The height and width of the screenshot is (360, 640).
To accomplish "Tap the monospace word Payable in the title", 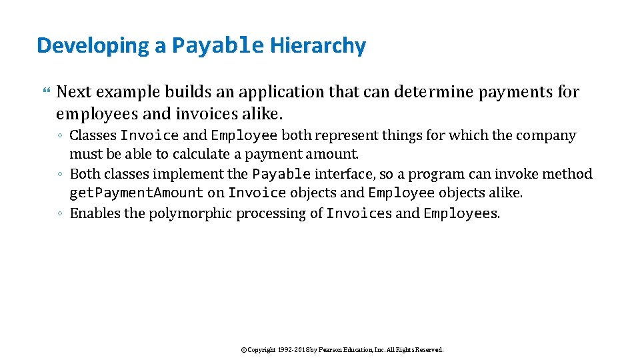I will pyautogui.click(x=218, y=46).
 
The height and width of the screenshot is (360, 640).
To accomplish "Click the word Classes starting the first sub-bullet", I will pyautogui.click(x=93, y=136).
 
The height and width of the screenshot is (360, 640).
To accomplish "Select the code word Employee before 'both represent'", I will pyautogui.click(x=244, y=136).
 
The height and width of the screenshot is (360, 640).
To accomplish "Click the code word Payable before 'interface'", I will pyautogui.click(x=281, y=175).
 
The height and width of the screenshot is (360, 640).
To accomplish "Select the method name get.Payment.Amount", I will pyautogui.click(x=136, y=193).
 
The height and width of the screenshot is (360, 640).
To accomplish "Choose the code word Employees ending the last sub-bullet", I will pyautogui.click(x=460, y=213).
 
